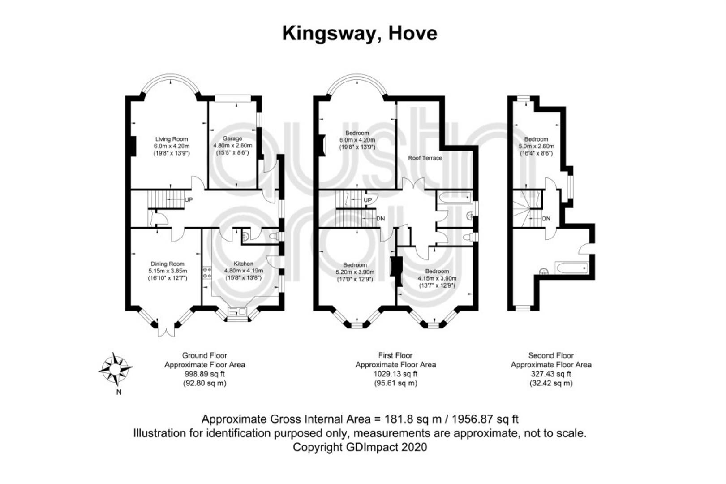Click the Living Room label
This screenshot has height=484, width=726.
tap(171, 139)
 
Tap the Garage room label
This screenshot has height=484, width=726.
tap(232, 138)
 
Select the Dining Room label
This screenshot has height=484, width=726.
tap(167, 264)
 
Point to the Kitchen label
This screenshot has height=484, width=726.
tap(243, 264)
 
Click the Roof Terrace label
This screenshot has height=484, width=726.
tap(425, 158)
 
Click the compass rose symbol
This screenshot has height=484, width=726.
tap(115, 369)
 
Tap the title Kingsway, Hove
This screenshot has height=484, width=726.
tap(360, 34)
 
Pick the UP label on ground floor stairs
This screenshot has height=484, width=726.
tap(188, 199)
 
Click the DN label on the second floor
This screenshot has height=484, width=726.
tap(546, 219)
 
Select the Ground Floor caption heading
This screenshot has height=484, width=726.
tap(205, 355)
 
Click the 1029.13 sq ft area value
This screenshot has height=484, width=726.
tap(395, 374)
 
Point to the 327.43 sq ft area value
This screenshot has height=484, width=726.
tap(551, 374)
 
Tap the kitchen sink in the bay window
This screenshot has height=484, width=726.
tap(237, 312)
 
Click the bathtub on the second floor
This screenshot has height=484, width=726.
tap(572, 268)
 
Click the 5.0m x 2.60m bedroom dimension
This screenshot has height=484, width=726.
tap(536, 146)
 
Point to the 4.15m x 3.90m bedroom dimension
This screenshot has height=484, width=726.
tap(437, 278)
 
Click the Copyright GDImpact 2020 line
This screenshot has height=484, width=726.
tap(360, 447)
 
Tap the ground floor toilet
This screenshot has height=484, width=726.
tap(274, 236)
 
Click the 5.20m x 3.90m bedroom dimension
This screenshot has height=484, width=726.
tap(355, 272)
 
